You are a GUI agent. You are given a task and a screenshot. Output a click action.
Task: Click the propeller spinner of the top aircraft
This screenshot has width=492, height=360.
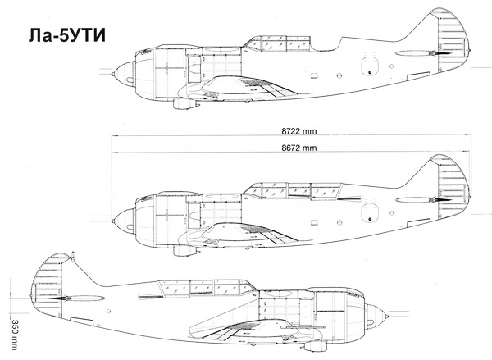pos(123,75)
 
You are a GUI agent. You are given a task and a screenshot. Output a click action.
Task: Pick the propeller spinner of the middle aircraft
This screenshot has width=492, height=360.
pos(123,219)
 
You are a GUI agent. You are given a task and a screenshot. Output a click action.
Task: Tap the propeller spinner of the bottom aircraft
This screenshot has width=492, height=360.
pos(380,313)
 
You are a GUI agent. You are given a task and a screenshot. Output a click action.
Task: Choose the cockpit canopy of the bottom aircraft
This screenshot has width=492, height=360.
pos(197,287)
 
